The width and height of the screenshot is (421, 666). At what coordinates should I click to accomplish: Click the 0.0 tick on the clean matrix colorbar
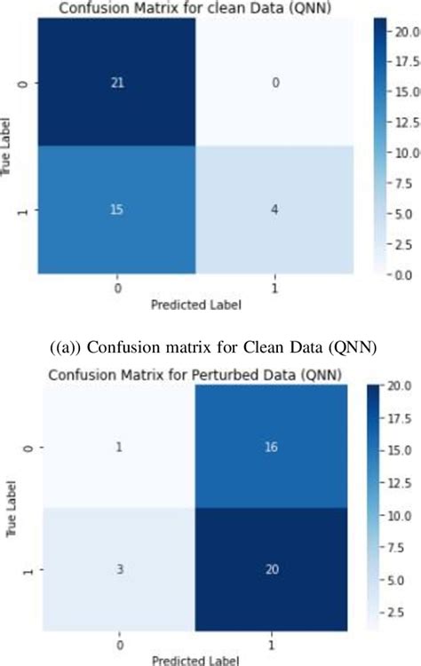pos(409,275)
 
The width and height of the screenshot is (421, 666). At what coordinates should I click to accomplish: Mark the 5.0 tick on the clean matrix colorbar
pos(409,214)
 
